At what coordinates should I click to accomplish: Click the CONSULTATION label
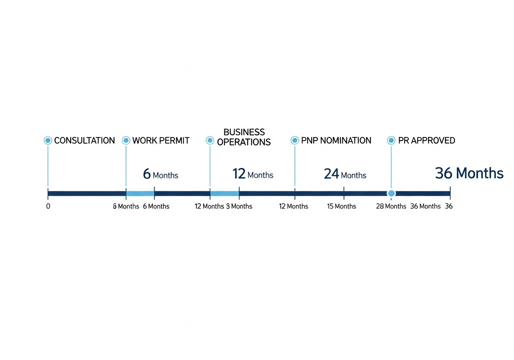84,141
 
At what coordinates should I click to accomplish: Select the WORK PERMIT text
161,141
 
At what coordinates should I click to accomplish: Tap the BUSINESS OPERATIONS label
244,137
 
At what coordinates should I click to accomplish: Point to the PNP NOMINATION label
336,141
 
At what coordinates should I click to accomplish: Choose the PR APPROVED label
426,141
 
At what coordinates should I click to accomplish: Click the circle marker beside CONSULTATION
48,140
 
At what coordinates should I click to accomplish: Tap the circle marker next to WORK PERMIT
126,140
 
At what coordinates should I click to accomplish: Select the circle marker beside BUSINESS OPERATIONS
210,140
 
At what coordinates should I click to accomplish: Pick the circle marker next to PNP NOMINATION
295,140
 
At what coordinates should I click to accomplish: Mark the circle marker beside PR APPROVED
391,140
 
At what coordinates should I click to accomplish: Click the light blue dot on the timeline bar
391,194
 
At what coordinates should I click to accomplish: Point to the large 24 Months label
345,174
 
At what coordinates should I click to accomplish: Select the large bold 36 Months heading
469,173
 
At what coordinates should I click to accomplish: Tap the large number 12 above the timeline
239,174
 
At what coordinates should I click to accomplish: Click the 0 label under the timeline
48,206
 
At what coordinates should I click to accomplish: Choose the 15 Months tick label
341,206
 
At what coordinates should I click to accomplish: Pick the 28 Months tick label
391,206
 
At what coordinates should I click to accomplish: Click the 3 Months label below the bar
239,206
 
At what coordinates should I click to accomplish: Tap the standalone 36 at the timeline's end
449,206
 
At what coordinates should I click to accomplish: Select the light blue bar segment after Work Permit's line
140,194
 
